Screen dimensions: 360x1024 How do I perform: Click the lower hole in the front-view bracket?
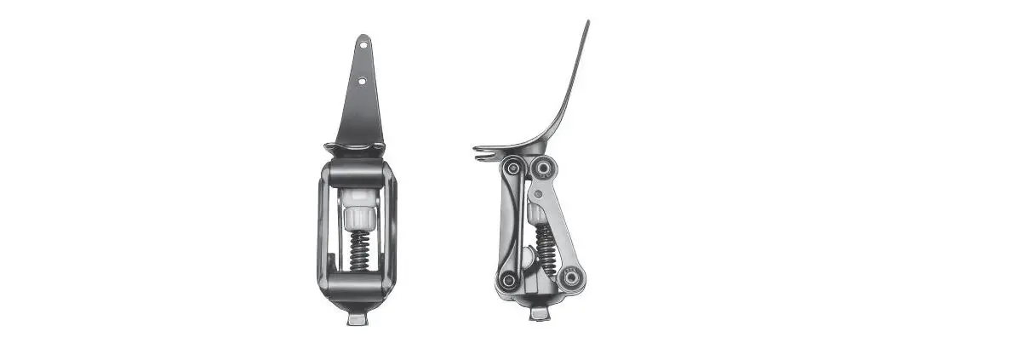362,82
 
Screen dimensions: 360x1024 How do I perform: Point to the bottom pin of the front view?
358,318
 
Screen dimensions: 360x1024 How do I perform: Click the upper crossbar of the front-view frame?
358,176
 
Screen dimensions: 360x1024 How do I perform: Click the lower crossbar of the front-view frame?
358,283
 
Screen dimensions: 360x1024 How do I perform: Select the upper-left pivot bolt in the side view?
512,169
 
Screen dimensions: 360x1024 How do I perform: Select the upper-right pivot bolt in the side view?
544,169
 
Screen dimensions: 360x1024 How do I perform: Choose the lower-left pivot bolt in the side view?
508,279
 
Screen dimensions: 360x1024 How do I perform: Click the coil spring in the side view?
543,247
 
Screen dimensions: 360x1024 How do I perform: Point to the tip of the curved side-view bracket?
586,24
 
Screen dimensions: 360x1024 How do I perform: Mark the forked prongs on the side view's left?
483,152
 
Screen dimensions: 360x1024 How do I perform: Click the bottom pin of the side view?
540,313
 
